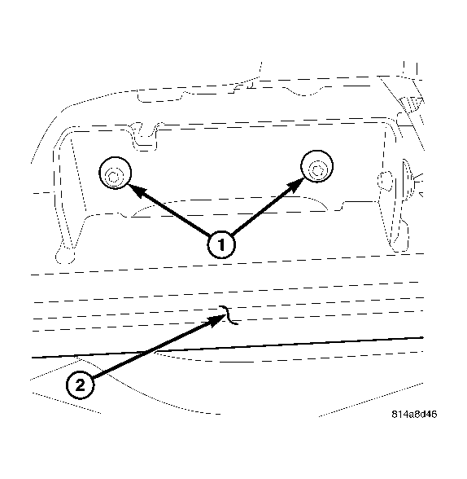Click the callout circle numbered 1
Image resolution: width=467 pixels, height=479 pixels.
(221, 243)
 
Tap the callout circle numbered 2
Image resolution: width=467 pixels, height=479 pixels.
(80, 384)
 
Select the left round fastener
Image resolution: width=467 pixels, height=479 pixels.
(112, 173)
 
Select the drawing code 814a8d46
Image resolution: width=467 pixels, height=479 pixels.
(413, 414)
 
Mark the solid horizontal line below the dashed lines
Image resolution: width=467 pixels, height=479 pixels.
(244, 347)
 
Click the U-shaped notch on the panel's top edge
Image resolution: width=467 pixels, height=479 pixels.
(145, 138)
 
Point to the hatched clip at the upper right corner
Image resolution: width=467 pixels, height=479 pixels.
(408, 103)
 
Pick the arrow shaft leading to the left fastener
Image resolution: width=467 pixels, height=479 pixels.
(175, 214)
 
